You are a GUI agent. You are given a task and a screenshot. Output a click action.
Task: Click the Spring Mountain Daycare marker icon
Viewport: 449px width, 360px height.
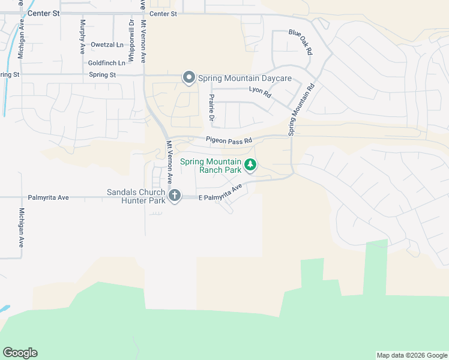[189, 78]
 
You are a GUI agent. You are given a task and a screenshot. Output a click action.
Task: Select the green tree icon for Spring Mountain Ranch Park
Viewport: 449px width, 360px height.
[250, 164]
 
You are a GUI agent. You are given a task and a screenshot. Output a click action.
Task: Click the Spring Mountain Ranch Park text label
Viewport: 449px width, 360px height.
[219, 166]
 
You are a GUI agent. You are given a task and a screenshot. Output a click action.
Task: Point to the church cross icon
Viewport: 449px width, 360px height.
[175, 195]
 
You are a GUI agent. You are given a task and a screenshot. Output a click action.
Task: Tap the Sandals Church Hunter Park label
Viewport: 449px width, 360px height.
[136, 196]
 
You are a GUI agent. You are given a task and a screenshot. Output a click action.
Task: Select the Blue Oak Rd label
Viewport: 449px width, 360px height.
[301, 43]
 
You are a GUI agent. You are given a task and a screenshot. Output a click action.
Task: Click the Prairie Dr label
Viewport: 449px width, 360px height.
[211, 107]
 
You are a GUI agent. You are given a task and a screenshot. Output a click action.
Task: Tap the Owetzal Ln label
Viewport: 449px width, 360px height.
[107, 45]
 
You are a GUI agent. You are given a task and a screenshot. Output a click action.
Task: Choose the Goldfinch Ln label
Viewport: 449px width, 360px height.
[107, 62]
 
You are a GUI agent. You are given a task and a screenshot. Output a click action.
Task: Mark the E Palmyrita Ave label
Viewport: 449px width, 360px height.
[220, 193]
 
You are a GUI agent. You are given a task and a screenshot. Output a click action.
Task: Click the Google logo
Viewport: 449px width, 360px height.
[20, 353]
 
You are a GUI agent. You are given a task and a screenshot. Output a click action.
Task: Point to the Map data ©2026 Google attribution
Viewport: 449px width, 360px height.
[411, 355]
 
